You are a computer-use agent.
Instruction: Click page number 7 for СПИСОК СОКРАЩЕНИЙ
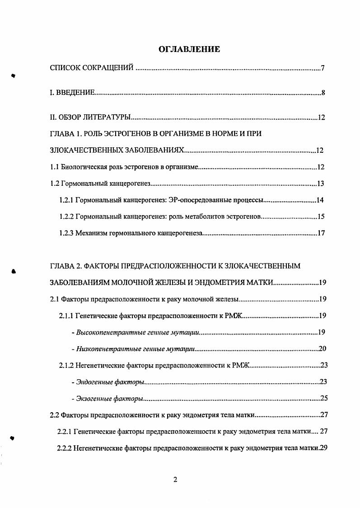pos(323,69)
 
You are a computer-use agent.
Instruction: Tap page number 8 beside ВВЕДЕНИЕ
pos(323,94)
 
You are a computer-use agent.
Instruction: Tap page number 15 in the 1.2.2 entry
pos(321,217)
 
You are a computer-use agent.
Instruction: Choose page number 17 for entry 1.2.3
pos(321,234)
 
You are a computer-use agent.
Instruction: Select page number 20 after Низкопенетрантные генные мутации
pos(322,348)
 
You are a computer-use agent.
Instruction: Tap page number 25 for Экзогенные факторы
pos(323,398)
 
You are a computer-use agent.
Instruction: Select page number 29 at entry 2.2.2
pos(323,448)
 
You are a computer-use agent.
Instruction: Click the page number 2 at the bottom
pos(175,480)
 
